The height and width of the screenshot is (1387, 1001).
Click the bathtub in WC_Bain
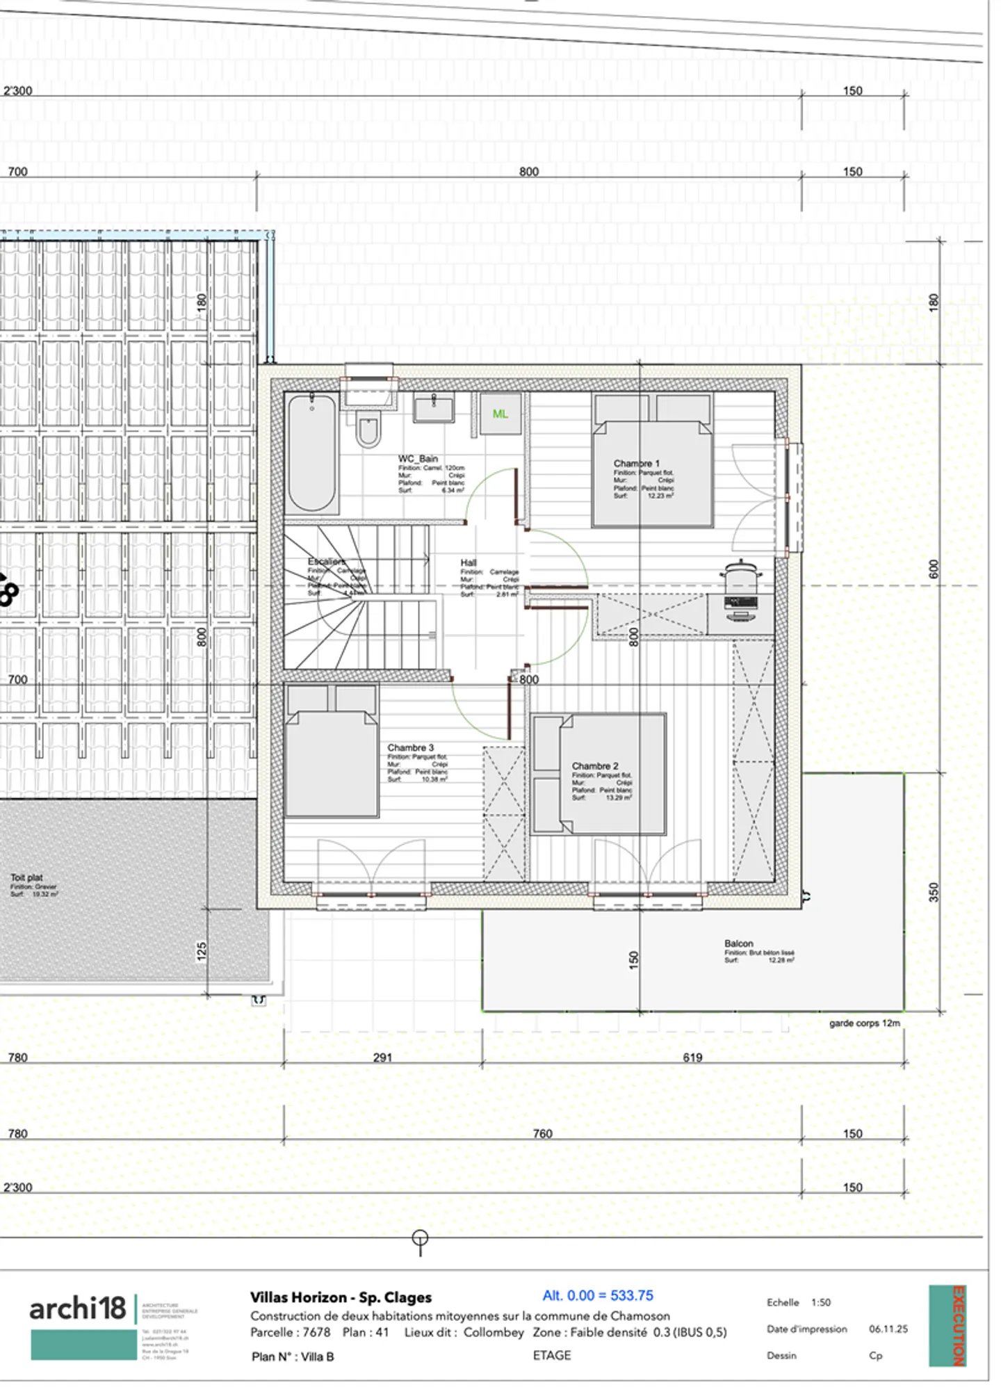311,452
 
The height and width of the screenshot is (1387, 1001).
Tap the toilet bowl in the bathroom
368,428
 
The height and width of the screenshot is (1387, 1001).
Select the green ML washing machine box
500,414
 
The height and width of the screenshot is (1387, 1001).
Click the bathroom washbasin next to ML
434,407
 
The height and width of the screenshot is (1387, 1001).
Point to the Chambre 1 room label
636,463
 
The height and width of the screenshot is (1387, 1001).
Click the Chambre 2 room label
594,765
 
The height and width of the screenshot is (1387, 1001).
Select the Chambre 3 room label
410,747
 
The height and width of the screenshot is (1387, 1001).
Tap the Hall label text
469,562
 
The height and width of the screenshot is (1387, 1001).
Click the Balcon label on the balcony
738,943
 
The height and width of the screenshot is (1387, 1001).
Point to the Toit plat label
26,877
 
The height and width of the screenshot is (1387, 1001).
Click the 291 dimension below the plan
382,1057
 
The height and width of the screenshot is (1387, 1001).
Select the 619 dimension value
692,1057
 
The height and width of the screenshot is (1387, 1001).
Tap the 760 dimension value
542,1134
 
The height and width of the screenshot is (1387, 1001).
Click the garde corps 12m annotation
864,1023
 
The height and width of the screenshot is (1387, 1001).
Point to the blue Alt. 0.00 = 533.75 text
598,1295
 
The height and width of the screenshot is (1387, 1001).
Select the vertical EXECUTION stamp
957,1326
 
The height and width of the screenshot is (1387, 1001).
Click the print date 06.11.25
888,1329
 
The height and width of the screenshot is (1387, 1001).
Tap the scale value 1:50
820,1302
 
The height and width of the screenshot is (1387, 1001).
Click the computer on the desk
740,606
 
